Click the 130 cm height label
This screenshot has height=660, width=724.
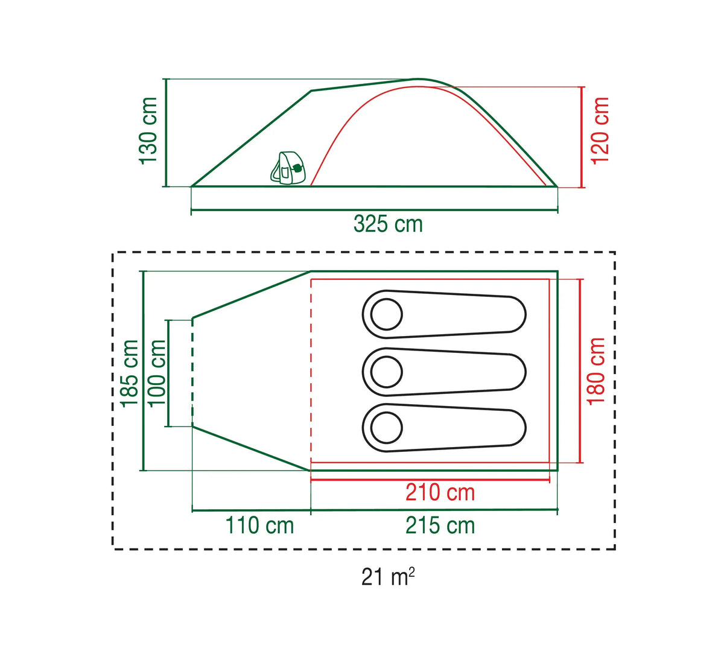148,131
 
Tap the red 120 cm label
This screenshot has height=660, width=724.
600,131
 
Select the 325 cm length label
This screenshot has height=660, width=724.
388,224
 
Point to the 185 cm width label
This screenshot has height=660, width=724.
129,373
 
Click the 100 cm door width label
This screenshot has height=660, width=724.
157,373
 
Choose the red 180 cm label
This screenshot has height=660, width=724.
595,372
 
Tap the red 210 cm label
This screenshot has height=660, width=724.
440,492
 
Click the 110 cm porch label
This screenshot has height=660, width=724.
259,525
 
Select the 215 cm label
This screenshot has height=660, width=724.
440,525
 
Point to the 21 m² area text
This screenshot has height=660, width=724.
388,577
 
